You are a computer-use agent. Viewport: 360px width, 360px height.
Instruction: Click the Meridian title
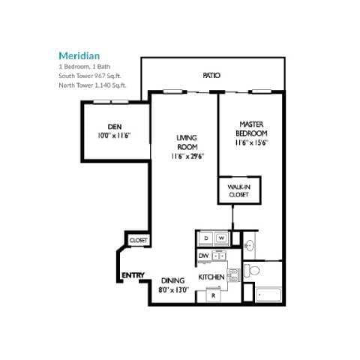[79, 55]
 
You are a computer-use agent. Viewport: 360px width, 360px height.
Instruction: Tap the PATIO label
[211, 76]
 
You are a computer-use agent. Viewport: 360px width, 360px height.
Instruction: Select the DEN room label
[115, 126]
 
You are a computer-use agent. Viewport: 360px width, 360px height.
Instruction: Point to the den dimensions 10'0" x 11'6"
[115, 136]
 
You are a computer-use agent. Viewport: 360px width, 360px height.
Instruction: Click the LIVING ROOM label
[186, 142]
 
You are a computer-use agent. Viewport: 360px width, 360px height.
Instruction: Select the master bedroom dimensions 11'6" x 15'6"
[251, 142]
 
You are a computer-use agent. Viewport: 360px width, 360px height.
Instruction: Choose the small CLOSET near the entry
[139, 240]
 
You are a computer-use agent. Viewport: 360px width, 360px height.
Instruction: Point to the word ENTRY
[133, 275]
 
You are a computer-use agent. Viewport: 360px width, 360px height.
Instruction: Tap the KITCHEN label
[211, 277]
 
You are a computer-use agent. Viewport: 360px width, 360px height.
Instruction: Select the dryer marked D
[205, 238]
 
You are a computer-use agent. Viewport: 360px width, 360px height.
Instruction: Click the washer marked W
[221, 238]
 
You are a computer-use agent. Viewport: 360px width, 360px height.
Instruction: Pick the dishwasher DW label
[203, 256]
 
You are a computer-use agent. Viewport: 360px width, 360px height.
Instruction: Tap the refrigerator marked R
[213, 295]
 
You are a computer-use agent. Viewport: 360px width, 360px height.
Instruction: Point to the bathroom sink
[250, 245]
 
